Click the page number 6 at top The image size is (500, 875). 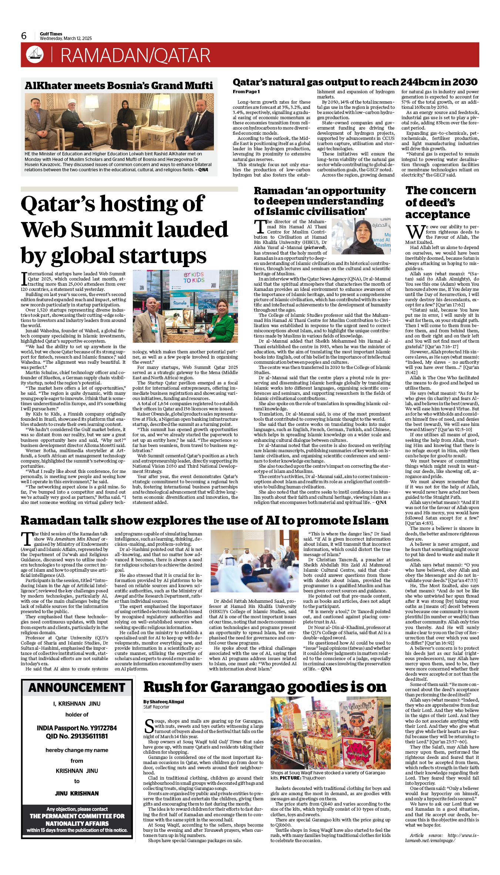click(24, 36)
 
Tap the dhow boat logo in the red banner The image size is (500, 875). click(34, 55)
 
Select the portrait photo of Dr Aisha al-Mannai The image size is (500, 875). click(361, 236)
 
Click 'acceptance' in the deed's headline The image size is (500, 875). click(437, 214)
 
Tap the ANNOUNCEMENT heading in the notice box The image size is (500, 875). click(77, 687)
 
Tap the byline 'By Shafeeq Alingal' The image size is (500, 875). click(164, 701)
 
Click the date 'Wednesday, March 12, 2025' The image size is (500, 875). click(66, 38)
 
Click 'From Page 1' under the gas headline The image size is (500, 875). click(246, 91)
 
